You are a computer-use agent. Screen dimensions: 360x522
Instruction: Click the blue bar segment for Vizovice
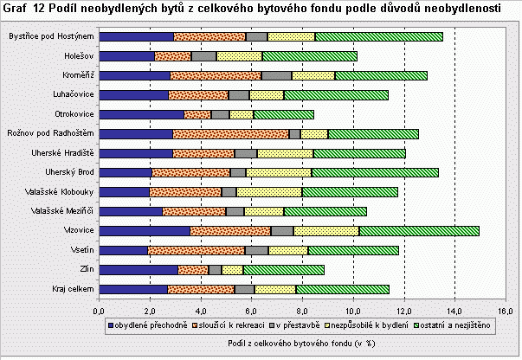tap(144, 230)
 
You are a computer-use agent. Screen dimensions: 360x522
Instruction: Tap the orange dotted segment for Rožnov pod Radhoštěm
tap(230, 133)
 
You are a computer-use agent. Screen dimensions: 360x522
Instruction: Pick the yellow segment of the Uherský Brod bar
tap(279, 172)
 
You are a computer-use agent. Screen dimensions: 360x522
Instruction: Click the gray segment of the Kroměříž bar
tap(303, 75)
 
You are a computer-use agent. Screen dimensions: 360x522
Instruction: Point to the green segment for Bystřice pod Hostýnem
tap(378, 36)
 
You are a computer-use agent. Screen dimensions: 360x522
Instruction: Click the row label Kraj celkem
tap(73, 289)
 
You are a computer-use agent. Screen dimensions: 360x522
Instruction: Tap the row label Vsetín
tap(81, 250)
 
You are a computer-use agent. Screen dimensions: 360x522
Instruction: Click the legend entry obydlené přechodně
tap(145, 324)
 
